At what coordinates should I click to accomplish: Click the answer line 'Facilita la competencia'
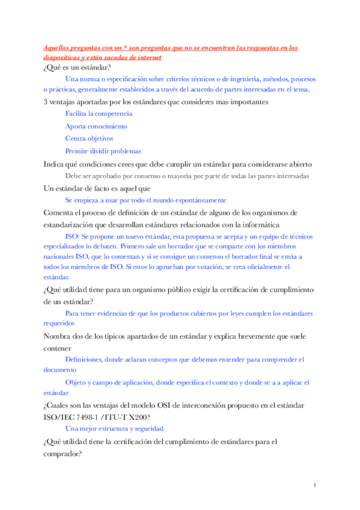coord(99,113)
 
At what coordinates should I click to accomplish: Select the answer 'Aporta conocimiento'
coord(96,126)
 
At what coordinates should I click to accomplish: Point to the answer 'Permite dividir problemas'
coord(103,151)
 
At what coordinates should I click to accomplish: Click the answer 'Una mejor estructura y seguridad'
coord(115,428)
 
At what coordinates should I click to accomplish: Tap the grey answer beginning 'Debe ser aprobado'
coord(187,176)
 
